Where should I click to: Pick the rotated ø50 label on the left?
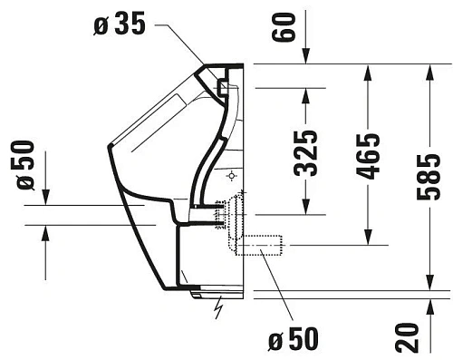28,165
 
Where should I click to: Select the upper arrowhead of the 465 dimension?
368,72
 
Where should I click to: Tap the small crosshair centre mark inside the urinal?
233,173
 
